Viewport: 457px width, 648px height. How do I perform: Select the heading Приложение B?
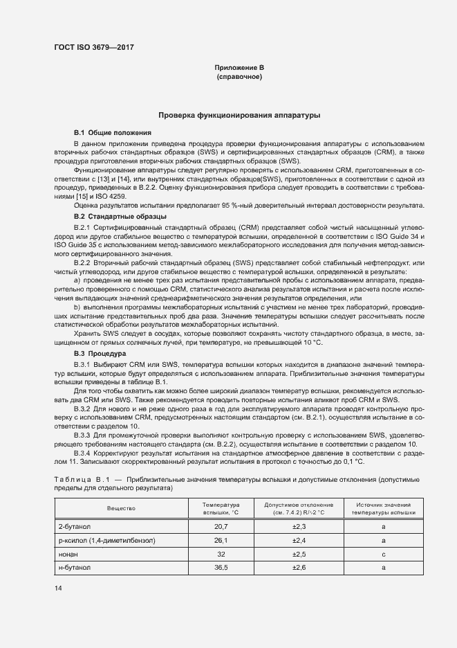239,67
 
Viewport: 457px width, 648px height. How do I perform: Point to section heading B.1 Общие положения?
113,132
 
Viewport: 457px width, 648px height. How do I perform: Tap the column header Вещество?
120,509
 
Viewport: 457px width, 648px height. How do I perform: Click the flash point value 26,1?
221,540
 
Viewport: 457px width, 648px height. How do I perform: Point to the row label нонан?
68,554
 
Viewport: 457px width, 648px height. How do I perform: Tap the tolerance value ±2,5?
299,554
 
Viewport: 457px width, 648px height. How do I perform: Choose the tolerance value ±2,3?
299,527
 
